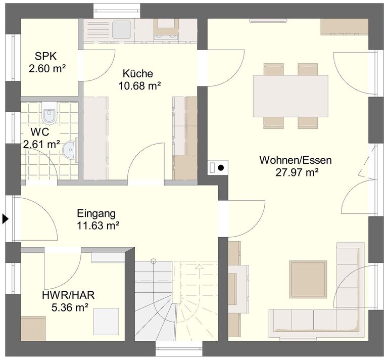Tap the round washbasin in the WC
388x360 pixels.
coord(70,150)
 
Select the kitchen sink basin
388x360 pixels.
coord(122,29)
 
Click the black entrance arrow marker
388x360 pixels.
coord(6,219)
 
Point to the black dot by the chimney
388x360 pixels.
coord(220,168)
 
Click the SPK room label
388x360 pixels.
coord(46,57)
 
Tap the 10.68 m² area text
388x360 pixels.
coord(140,86)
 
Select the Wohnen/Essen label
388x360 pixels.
coord(296,160)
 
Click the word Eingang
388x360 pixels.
coord(96,213)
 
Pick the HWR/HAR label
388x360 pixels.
coord(69,295)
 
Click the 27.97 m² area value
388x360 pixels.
coord(297,172)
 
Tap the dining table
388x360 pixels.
coord(290,96)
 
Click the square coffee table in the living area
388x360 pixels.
coord(308,279)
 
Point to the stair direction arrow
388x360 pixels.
coord(199,267)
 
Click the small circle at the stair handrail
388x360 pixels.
coord(154,261)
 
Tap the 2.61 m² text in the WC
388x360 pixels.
coord(41,144)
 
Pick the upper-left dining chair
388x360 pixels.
coord(273,69)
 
